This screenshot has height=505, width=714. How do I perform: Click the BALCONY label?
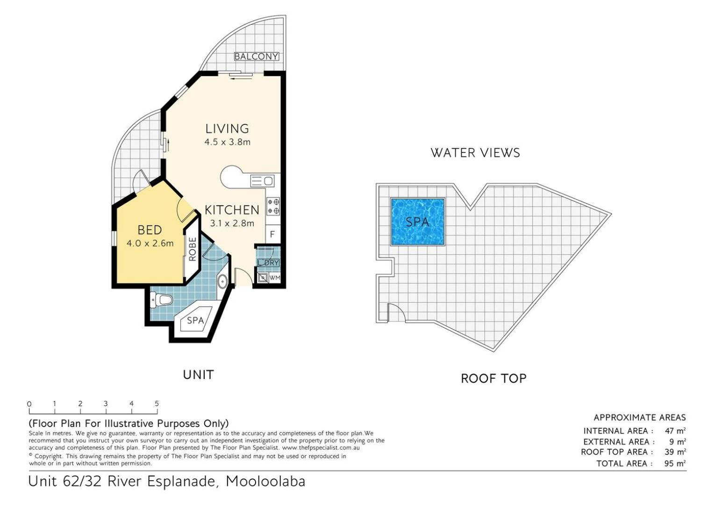pos(256,57)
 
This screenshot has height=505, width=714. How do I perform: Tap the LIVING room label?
pos(227,129)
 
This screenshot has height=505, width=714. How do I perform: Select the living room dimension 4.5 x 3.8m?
pos(227,142)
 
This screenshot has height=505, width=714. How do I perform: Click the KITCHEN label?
pos(232,210)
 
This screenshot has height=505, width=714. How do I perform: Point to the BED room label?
pos(150,230)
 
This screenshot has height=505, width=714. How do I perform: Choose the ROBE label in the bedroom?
pos(193,249)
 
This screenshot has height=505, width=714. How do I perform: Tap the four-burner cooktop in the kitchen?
pos(273,206)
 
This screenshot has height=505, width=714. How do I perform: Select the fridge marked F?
pos(272,234)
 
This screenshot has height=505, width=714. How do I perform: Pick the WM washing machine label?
pos(274,278)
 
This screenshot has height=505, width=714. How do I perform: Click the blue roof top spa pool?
pos(418,222)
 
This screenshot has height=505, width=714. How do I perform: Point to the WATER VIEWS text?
pos(475,153)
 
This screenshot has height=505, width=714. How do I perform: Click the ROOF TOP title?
pos(493,379)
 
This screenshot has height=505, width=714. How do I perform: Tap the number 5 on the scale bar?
pos(157,404)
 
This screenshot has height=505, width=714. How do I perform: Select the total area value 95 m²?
pos(675,463)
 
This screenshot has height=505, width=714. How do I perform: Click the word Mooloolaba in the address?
pos(265,482)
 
